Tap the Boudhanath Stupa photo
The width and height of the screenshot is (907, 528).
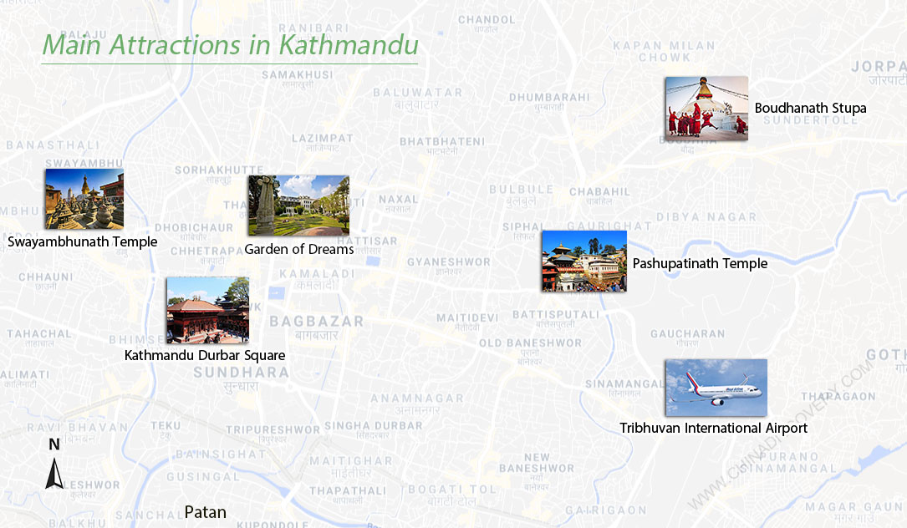point(706,108)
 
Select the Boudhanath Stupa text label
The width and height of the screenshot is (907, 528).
point(810,109)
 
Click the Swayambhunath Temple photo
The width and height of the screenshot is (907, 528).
point(84,199)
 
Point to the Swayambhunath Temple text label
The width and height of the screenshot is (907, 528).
point(82,242)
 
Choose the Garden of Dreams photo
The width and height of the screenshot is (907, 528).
point(298,206)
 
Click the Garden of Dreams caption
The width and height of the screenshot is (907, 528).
point(298,249)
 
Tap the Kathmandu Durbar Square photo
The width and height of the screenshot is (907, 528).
point(207,310)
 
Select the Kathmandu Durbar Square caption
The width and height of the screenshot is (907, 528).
point(205,355)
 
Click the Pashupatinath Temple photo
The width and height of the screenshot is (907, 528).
point(583,261)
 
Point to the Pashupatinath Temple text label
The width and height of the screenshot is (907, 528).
point(700,264)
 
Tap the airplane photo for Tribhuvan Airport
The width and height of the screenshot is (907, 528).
point(716,388)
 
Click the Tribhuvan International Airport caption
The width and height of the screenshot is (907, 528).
point(713,428)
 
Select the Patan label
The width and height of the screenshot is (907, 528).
point(205,512)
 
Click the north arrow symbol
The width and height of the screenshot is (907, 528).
point(54,474)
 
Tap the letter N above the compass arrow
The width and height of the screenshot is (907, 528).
point(54,444)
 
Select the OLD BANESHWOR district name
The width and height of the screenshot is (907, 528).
point(530,343)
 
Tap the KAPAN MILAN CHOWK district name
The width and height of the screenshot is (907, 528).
point(652,52)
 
